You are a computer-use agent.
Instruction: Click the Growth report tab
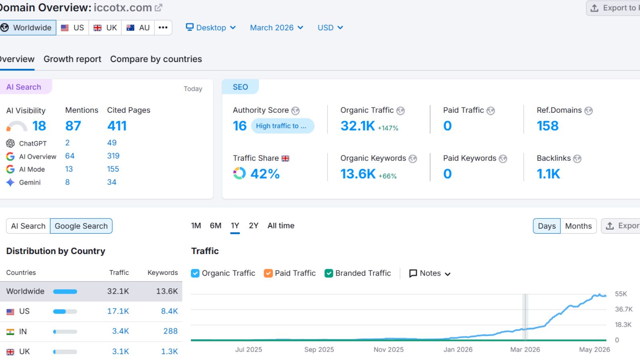pyautogui.click(x=72, y=59)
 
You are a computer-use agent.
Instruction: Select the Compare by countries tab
pyautogui.click(x=156, y=59)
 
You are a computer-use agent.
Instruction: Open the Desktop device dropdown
pyautogui.click(x=211, y=28)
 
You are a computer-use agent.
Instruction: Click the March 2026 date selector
pyautogui.click(x=276, y=28)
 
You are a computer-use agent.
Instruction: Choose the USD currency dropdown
pyautogui.click(x=330, y=28)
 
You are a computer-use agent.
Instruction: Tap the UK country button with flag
pyautogui.click(x=105, y=28)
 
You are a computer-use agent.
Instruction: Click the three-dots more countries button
pyautogui.click(x=163, y=28)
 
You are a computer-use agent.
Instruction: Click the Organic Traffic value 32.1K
pyautogui.click(x=358, y=126)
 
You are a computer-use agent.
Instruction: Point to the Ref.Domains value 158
pyautogui.click(x=548, y=126)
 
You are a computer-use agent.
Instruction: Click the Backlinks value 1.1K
pyautogui.click(x=548, y=174)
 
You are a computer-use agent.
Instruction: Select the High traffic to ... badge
pyautogui.click(x=282, y=126)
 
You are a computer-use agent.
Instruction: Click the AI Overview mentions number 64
pyautogui.click(x=70, y=156)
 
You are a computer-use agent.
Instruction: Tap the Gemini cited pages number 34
pyautogui.click(x=112, y=182)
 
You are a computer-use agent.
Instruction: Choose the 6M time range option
pyautogui.click(x=216, y=226)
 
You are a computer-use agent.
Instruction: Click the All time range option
pyautogui.click(x=281, y=226)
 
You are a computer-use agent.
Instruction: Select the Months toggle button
pyautogui.click(x=578, y=226)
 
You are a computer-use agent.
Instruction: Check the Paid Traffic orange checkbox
pyautogui.click(x=268, y=274)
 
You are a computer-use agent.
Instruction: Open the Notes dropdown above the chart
pyautogui.click(x=430, y=274)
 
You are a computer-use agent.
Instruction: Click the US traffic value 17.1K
pyautogui.click(x=118, y=311)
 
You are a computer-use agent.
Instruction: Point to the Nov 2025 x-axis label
pyautogui.click(x=388, y=350)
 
